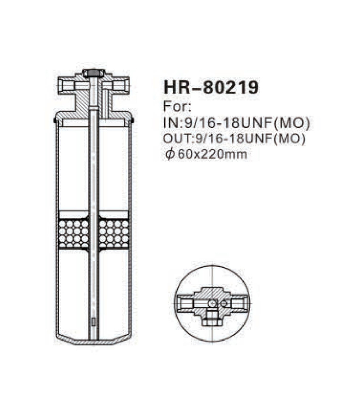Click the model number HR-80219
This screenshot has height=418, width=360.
[211, 87]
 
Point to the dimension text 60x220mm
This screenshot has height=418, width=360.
[212, 154]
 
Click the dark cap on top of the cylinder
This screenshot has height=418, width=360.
[94, 73]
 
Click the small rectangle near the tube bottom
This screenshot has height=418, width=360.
[94, 322]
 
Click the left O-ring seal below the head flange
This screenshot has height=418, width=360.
[55, 120]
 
